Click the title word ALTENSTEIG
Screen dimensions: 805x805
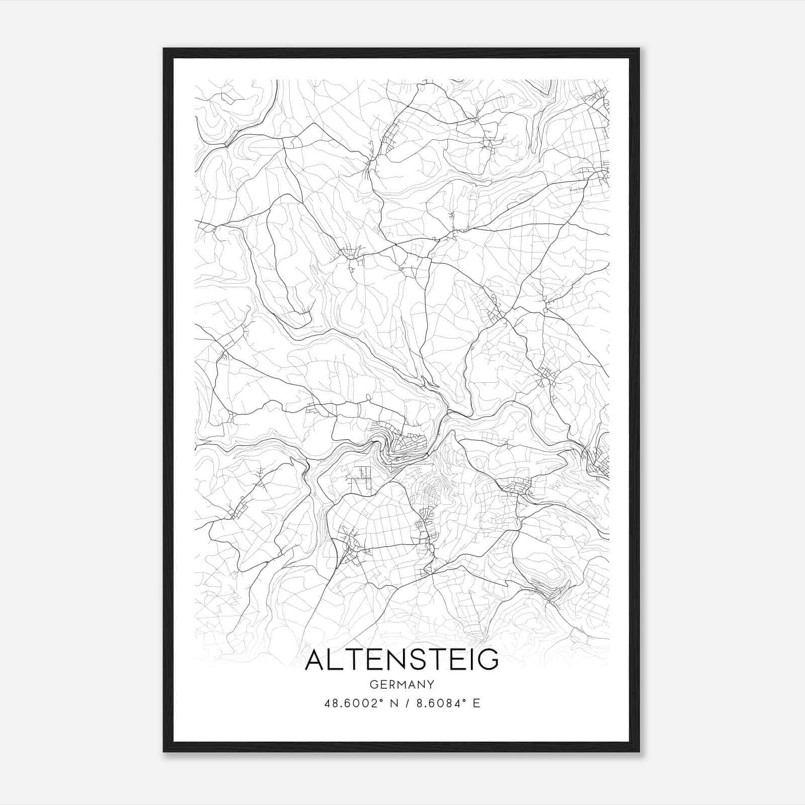(x=401, y=660)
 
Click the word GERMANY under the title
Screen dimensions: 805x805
(x=401, y=684)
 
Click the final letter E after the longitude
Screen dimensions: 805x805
(x=476, y=703)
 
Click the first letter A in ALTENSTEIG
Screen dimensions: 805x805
(x=315, y=660)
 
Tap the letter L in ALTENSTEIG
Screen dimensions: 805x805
(x=336, y=660)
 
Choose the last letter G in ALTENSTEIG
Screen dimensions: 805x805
(x=487, y=660)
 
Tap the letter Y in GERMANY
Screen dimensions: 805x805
(x=431, y=684)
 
